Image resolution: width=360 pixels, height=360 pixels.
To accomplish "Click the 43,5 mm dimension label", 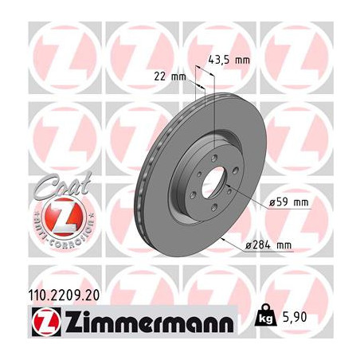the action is click(229, 60).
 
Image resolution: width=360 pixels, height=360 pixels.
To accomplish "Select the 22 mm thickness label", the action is click(170, 77).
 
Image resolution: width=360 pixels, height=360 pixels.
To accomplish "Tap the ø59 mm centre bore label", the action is click(288, 203).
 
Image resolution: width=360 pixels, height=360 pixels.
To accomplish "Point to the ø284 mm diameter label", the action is click(268, 245).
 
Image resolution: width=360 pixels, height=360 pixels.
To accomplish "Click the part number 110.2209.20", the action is click(65, 295).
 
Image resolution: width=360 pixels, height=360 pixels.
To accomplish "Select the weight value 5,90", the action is click(295, 317).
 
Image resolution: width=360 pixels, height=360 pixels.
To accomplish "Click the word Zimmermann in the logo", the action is click(150, 321).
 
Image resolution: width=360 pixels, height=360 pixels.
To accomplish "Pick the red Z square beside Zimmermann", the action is click(46, 321).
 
